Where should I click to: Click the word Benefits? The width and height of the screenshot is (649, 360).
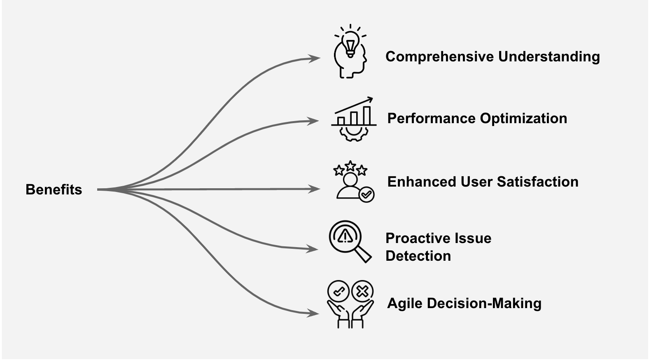point(54,189)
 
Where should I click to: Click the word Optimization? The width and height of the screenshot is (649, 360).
point(523,119)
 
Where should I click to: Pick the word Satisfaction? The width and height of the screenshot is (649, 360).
point(537,182)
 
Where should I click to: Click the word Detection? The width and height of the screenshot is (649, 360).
point(418,256)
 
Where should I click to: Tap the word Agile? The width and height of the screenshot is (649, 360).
point(405,304)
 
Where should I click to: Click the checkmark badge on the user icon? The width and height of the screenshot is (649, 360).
point(367,194)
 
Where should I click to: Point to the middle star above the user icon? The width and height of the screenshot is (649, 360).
point(350,166)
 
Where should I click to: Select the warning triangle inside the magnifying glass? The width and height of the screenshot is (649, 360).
point(344,236)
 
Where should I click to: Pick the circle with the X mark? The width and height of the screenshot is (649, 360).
point(362,292)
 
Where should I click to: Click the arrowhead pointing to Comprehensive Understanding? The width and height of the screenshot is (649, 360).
point(316,58)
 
